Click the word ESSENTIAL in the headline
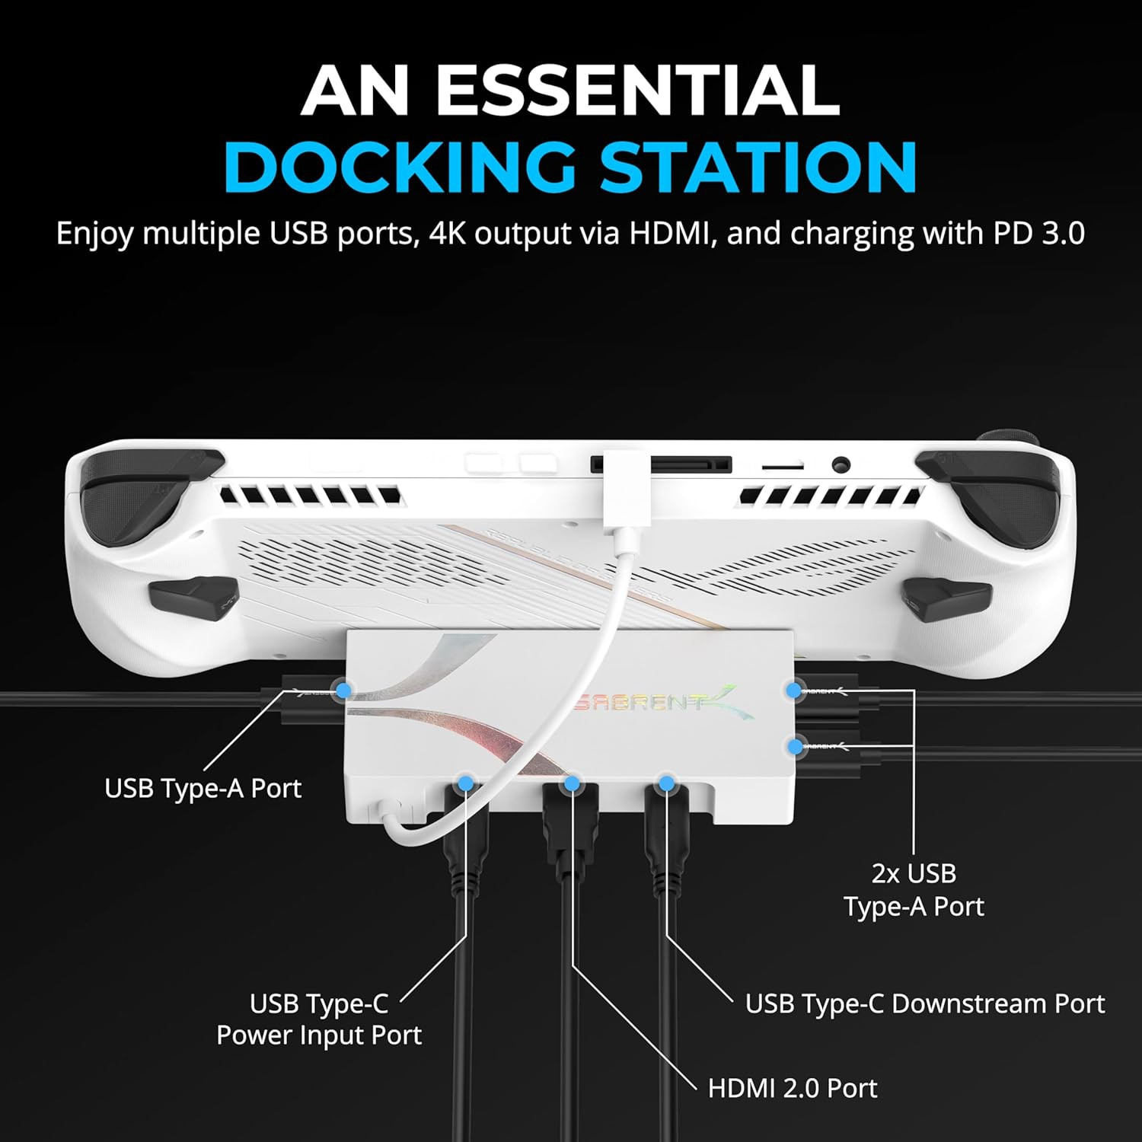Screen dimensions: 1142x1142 [x=637, y=90]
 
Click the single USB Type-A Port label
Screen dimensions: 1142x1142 [x=203, y=788]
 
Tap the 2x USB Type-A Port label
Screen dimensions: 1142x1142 [x=914, y=890]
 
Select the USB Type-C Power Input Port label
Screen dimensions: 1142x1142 [x=319, y=1019]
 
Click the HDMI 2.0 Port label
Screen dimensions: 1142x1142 [x=793, y=1088]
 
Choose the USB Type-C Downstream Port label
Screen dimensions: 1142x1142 [x=925, y=1003]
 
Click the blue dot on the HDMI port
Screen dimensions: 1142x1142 [x=573, y=783]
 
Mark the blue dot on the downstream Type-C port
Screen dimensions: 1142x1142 [x=666, y=783]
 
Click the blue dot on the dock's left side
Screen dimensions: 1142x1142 [x=344, y=691]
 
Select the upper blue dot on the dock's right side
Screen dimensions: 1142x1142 [x=794, y=691]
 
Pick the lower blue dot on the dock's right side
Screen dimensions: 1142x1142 [x=796, y=746]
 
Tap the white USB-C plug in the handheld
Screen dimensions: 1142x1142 [x=624, y=492]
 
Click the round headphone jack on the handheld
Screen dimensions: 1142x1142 [x=841, y=464]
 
